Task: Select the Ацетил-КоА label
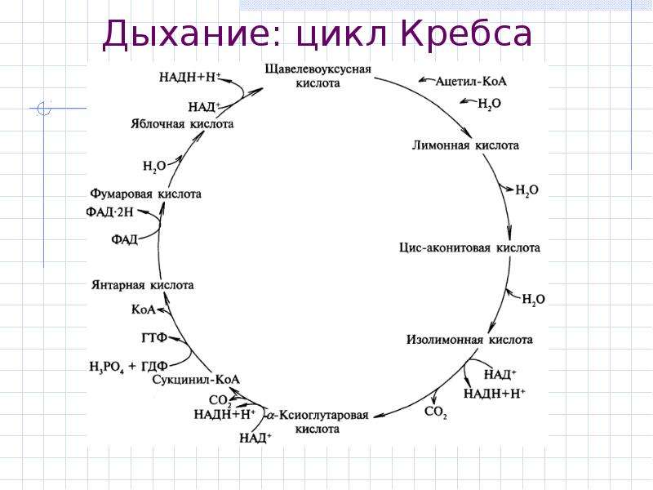[x=471, y=81]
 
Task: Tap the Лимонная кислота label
[x=465, y=145]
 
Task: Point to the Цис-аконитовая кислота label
[x=469, y=248]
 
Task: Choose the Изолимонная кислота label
[x=469, y=340]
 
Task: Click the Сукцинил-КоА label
[x=196, y=380]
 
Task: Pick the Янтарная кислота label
[x=142, y=285]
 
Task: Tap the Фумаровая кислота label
[x=146, y=194]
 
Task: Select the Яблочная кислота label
[x=182, y=124]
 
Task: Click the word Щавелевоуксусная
[x=318, y=69]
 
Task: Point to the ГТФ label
[x=154, y=337]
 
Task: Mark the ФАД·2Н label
[x=109, y=212]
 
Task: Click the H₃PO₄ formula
[x=107, y=367]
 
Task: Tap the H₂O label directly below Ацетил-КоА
[x=489, y=104]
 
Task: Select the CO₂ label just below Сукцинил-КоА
[x=220, y=400]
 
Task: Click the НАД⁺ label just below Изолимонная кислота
[x=500, y=374]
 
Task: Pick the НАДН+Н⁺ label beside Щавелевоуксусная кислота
[x=190, y=77]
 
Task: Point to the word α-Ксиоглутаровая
[x=318, y=415]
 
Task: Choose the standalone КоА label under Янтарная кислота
[x=144, y=310]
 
